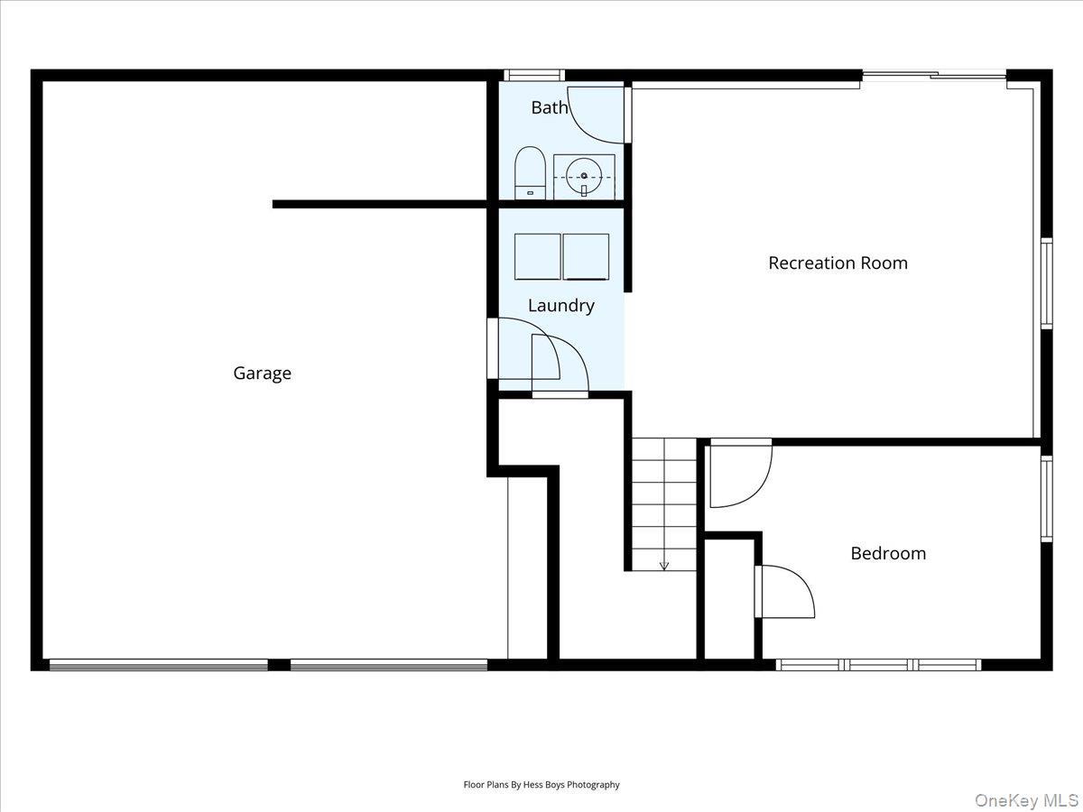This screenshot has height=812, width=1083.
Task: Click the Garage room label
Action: pyautogui.click(x=262, y=373)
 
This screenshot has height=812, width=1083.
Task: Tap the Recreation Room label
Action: pyautogui.click(x=838, y=263)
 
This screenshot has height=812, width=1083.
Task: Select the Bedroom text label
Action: pyautogui.click(x=888, y=553)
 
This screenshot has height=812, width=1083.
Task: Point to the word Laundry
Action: pyautogui.click(x=560, y=305)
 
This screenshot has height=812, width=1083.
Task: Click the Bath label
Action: pyautogui.click(x=549, y=107)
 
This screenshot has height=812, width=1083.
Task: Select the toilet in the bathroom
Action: pyautogui.click(x=530, y=172)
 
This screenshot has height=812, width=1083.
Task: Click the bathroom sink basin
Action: pyautogui.click(x=584, y=176)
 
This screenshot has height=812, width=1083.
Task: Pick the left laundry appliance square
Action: pyautogui.click(x=538, y=256)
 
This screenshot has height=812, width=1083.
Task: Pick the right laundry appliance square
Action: pyautogui.click(x=586, y=256)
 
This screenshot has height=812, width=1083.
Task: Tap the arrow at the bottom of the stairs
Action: pyautogui.click(x=664, y=565)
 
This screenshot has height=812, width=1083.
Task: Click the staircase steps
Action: pyautogui.click(x=664, y=501)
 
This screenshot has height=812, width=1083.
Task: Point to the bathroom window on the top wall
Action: pyautogui.click(x=533, y=76)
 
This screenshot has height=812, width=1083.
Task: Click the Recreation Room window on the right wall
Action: pyautogui.click(x=1046, y=282)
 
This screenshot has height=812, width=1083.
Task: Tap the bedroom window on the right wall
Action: pyautogui.click(x=1046, y=498)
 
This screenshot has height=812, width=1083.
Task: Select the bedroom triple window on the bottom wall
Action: pyautogui.click(x=878, y=665)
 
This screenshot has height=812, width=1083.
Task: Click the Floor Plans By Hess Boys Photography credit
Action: pyautogui.click(x=541, y=785)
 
